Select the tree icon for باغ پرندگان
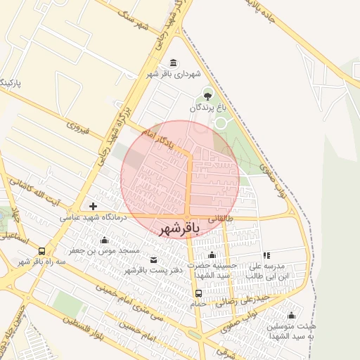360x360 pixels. [207, 95]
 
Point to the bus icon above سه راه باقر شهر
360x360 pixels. [41, 250]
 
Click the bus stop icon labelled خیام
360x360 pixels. [199, 293]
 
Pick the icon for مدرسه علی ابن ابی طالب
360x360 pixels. [266, 255]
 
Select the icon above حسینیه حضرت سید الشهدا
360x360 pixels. [212, 255]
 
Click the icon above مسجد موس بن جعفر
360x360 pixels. [105, 240]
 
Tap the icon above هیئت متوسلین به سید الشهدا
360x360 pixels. [291, 315]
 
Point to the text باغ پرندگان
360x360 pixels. [207, 109]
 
